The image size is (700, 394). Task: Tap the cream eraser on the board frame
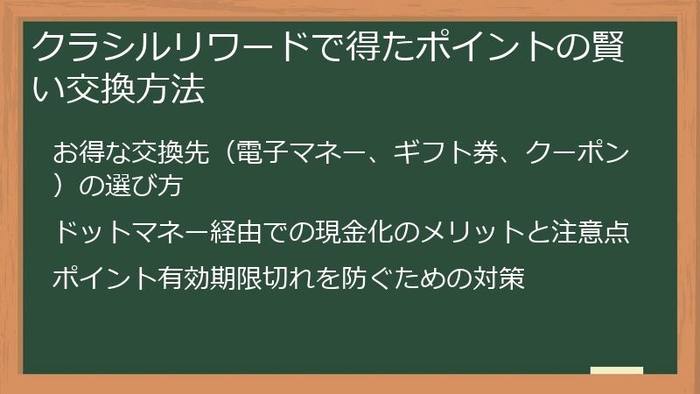tap(617, 370)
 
